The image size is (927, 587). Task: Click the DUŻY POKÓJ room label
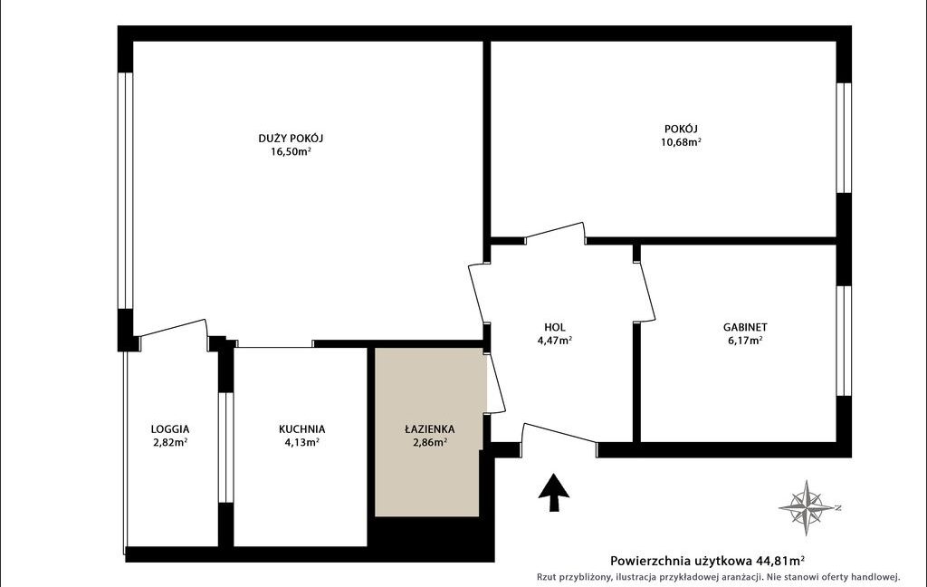pyautogui.click(x=291, y=139)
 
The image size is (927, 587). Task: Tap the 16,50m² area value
pyautogui.click(x=291, y=151)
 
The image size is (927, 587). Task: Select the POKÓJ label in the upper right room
pyautogui.click(x=681, y=129)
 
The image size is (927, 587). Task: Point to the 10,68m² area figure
pyautogui.click(x=681, y=142)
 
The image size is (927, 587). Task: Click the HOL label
pyautogui.click(x=555, y=327)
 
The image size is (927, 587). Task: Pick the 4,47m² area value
pyautogui.click(x=555, y=341)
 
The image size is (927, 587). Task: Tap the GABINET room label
pyautogui.click(x=745, y=327)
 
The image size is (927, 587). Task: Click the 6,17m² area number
pyautogui.click(x=745, y=341)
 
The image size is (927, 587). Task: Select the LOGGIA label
pyautogui.click(x=170, y=429)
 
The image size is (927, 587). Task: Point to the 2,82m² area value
pyautogui.click(x=170, y=442)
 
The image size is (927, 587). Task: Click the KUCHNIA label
pyautogui.click(x=302, y=429)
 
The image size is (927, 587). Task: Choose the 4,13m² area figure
pyautogui.click(x=302, y=442)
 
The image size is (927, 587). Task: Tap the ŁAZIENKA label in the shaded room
pyautogui.click(x=430, y=429)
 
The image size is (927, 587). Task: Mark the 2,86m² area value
pyautogui.click(x=430, y=442)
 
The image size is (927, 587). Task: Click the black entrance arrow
pyautogui.click(x=554, y=492)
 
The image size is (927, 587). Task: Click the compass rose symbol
pyautogui.click(x=808, y=507)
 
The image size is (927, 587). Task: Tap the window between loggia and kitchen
pyautogui.click(x=225, y=447)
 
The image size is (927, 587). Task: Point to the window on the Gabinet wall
pyautogui.click(x=844, y=341)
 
